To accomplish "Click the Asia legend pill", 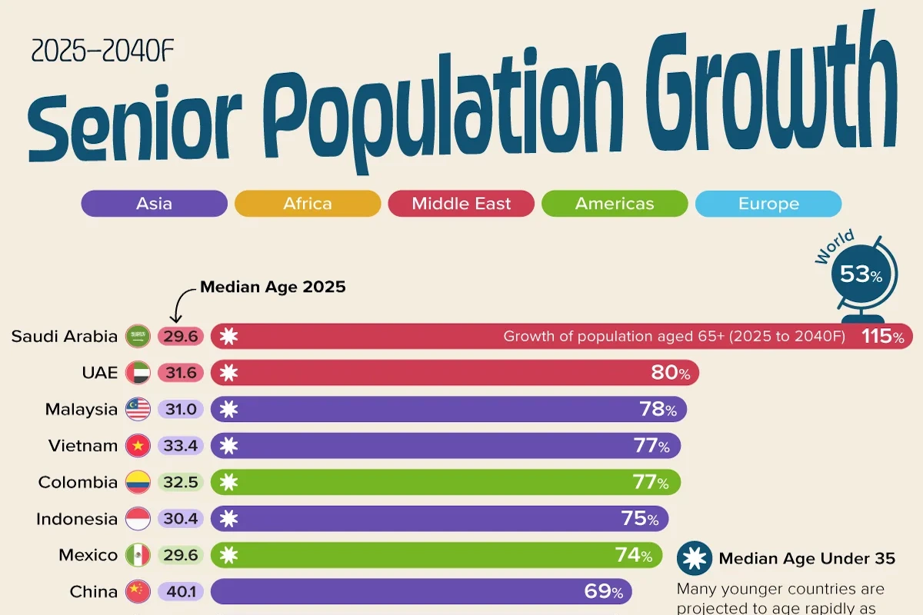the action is click(154, 204).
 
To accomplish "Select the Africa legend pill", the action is click(308, 204).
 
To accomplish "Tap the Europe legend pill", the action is click(768, 204).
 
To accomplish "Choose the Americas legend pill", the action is click(615, 204).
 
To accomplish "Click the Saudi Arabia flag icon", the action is click(138, 336).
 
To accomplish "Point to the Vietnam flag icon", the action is click(138, 446).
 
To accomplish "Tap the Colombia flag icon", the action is click(138, 482).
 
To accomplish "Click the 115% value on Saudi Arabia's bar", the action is click(883, 337).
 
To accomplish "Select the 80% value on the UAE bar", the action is click(671, 373).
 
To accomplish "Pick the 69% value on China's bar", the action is click(604, 591).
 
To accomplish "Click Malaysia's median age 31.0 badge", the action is click(181, 409).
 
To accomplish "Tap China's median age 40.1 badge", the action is click(181, 591).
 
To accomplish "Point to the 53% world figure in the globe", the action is click(861, 274).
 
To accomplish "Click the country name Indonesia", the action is click(77, 519).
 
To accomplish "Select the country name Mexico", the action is click(88, 555).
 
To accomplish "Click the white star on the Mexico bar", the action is click(228, 555).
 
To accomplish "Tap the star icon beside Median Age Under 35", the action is click(695, 558).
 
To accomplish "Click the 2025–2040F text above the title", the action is click(102, 51).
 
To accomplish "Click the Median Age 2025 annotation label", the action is click(273, 287).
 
